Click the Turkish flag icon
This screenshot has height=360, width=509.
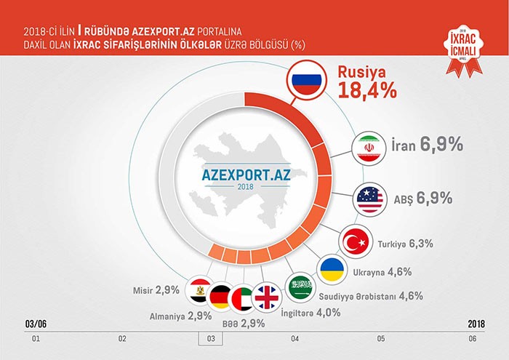point(356,243)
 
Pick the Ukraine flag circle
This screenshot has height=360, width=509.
point(333,271)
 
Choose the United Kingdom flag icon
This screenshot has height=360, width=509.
point(267,296)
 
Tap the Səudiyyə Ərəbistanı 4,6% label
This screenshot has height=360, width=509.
point(370,296)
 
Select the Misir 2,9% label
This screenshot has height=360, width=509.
point(156,290)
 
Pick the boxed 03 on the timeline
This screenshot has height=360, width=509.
point(210,339)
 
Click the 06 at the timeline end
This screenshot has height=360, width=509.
point(473,339)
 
